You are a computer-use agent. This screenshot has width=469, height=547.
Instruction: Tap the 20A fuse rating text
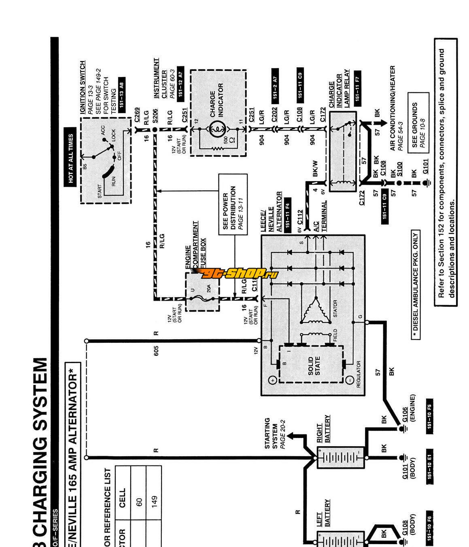pyautogui.click(x=209, y=288)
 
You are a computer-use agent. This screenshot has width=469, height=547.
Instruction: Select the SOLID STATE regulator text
pyautogui.click(x=314, y=365)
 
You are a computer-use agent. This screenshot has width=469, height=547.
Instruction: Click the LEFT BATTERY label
pyautogui.click(x=323, y=513)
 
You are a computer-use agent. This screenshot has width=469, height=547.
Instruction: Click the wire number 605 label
pyautogui.click(x=156, y=350)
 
